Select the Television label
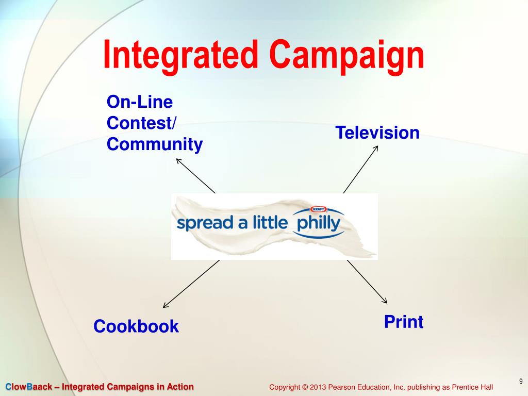pyautogui.click(x=377, y=133)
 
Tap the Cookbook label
pyautogui.click(x=136, y=326)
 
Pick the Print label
pyautogui.click(x=404, y=322)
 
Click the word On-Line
pyautogui.click(x=139, y=102)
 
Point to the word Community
pyautogui.click(x=155, y=144)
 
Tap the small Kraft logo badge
pyautogui.click(x=319, y=209)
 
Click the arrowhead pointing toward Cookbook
pyautogui.click(x=165, y=306)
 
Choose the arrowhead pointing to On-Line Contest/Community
pyautogui.click(x=178, y=160)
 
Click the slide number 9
pyautogui.click(x=521, y=382)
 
